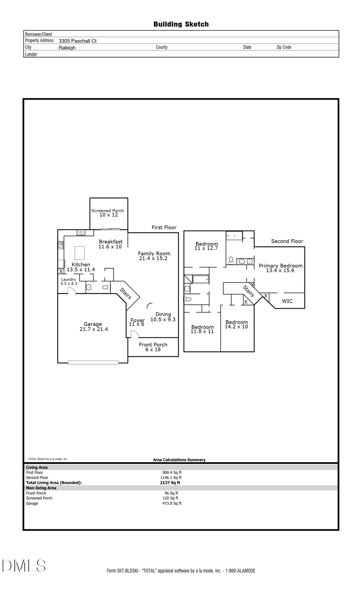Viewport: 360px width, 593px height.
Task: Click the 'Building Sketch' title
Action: [181, 24]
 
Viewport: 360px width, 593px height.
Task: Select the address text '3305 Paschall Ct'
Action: [78, 41]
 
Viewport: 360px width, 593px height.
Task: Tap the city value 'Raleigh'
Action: [67, 48]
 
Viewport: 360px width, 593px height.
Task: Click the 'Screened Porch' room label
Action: [108, 210]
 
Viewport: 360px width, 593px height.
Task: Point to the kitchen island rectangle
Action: [80, 253]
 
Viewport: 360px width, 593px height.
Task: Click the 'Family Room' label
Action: [154, 254]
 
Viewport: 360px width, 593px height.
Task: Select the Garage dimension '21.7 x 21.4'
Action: [94, 329]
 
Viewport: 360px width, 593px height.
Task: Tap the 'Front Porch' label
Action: [153, 345]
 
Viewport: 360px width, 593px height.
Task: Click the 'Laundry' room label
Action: [69, 280]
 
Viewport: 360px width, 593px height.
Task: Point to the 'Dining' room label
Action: [163, 314]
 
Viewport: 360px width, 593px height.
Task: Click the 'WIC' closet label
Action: [287, 301]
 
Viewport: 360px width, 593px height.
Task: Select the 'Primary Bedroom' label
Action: [280, 266]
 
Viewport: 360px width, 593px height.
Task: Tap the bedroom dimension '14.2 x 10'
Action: [236, 327]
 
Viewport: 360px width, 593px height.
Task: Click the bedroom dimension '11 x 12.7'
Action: [206, 248]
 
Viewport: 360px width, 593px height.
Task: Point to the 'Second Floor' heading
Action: [287, 241]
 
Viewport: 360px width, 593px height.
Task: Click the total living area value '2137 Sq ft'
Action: [170, 483]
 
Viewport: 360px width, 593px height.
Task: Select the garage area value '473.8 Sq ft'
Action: [172, 503]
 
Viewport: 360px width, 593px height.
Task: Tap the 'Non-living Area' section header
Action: [41, 488]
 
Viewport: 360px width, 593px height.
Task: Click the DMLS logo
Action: [24, 566]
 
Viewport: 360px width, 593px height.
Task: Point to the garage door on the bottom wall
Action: [93, 362]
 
